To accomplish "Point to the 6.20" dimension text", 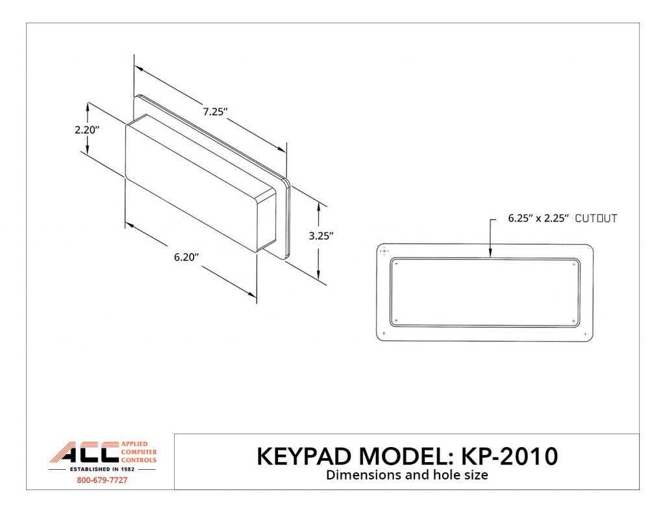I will click(x=186, y=257).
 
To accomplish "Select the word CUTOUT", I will click(x=596, y=219).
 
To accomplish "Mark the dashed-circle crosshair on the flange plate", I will click(x=384, y=251).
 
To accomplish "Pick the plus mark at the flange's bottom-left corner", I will click(x=384, y=334).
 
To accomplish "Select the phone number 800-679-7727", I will click(x=102, y=481).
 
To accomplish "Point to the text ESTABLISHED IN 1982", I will click(x=102, y=468).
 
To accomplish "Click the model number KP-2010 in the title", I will click(x=508, y=456).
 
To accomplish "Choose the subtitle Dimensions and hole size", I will click(x=407, y=475).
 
